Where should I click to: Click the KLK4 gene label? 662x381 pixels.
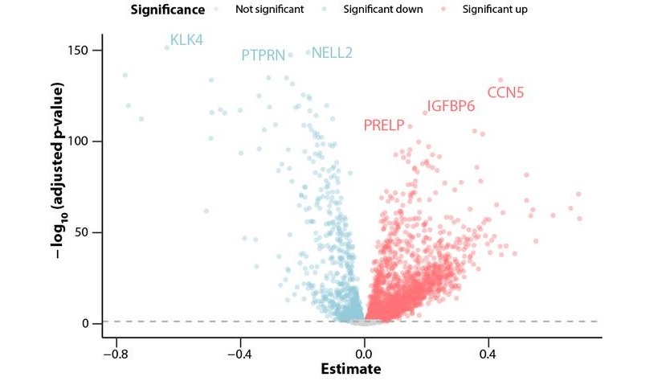(x=186, y=40)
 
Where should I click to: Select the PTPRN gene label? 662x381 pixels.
(x=264, y=55)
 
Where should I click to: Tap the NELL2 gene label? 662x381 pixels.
(x=332, y=53)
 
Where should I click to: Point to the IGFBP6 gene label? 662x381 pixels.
(x=451, y=106)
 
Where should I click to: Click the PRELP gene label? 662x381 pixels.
(x=383, y=125)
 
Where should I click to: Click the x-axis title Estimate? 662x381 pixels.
(x=350, y=370)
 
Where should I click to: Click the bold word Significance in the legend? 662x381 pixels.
(x=165, y=10)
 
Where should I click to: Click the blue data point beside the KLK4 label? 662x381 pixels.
(x=167, y=47)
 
